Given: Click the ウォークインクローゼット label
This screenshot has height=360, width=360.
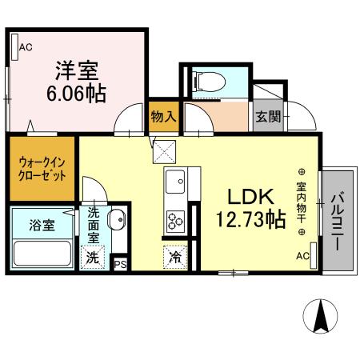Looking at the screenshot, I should pyautogui.click(x=42, y=169).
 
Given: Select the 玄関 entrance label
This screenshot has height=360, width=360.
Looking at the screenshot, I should pyautogui.click(x=268, y=116).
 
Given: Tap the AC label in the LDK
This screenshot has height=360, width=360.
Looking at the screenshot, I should pyautogui.click(x=302, y=256).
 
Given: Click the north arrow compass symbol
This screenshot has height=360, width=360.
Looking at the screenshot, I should pyautogui.click(x=322, y=316).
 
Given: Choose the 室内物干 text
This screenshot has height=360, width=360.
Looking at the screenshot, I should pyautogui.click(x=302, y=202).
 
